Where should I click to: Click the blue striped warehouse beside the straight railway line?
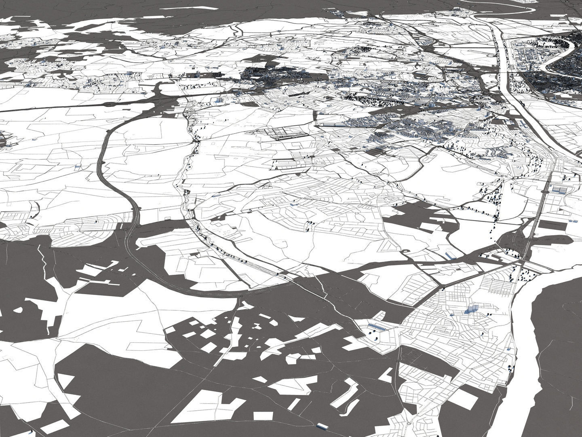(x=558, y=189)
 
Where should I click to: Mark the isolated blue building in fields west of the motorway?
(x=78, y=166)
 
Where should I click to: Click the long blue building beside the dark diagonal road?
(x=449, y=255)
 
